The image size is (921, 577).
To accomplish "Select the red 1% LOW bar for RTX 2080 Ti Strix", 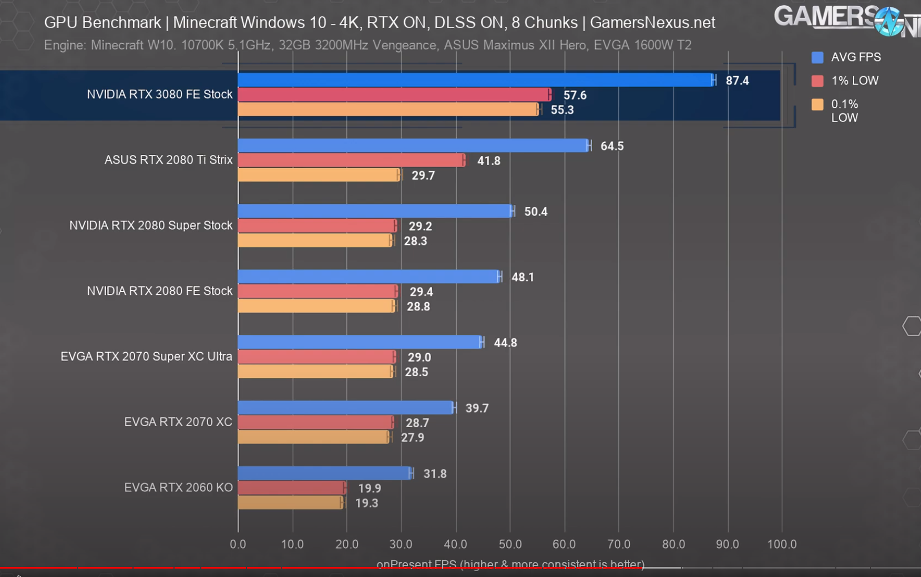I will (351, 160).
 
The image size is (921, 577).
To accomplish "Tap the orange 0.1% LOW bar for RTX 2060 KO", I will (290, 503).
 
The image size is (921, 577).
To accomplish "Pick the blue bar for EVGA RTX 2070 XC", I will (345, 408).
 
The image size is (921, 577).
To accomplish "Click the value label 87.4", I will (737, 81).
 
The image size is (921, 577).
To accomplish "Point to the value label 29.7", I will (423, 176).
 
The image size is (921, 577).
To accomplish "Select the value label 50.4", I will (536, 212).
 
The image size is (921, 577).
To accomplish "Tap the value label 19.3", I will (366, 503).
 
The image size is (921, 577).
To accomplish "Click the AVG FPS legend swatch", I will (817, 57).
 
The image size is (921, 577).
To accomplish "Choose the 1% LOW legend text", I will (855, 81).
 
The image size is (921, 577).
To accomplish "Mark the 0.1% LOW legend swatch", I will (817, 105).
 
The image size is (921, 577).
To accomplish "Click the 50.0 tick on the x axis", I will (510, 544).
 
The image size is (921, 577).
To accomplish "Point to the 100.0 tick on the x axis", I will (782, 544).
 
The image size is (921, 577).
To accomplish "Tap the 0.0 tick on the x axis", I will (238, 544).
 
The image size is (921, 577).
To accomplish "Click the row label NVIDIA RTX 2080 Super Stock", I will (151, 225).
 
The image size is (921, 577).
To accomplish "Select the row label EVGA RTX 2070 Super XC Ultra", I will (146, 357).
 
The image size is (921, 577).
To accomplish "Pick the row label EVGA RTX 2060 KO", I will (178, 488).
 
